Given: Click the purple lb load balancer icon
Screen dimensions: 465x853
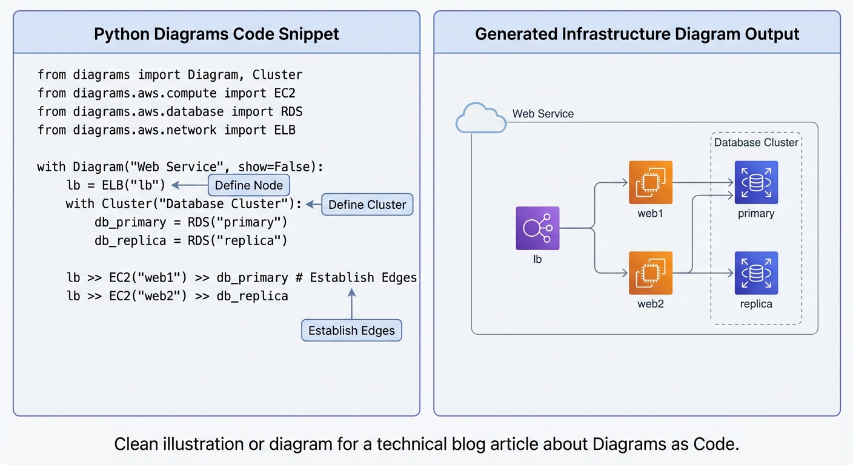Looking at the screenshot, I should (537, 228).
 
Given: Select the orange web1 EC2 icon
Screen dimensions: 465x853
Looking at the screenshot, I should (651, 182).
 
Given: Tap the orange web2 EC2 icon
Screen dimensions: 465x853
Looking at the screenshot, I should (651, 273).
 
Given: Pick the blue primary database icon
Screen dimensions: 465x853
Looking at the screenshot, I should (756, 182).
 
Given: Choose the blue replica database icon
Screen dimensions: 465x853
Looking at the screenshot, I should (756, 273).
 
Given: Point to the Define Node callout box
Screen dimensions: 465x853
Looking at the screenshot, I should (249, 185).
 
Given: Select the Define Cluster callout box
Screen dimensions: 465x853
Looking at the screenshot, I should (367, 205).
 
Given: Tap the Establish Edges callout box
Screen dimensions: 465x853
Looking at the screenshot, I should (351, 331).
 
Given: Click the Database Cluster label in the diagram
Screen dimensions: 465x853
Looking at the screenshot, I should (756, 142).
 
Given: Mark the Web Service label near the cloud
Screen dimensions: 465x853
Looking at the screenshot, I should (543, 114).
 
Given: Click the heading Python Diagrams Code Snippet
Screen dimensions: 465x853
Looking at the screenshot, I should (216, 34).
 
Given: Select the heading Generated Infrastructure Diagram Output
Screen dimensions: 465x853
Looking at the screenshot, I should (637, 34).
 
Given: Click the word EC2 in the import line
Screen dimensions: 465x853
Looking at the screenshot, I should (285, 93).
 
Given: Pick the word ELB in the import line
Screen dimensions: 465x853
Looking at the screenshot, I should (285, 130).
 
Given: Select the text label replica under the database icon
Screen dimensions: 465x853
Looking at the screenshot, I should (756, 304).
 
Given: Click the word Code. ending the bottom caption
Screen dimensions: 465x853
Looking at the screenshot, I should (720, 444).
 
